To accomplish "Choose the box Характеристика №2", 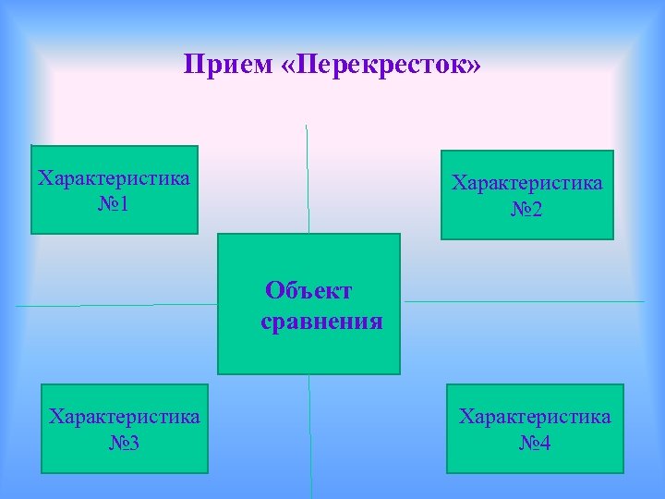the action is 526,195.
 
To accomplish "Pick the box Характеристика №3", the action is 124,429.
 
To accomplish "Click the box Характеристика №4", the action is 535,429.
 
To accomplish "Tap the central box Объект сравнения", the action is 308,303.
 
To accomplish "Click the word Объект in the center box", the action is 308,291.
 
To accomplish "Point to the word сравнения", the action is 321,323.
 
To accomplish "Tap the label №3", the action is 124,444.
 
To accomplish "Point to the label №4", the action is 535,444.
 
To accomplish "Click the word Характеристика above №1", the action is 115,178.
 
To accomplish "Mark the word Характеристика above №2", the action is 526,183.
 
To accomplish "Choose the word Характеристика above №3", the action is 124,417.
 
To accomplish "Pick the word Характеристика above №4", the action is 535,417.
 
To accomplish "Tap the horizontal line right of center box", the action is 524,301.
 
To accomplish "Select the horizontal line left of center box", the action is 115,305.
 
